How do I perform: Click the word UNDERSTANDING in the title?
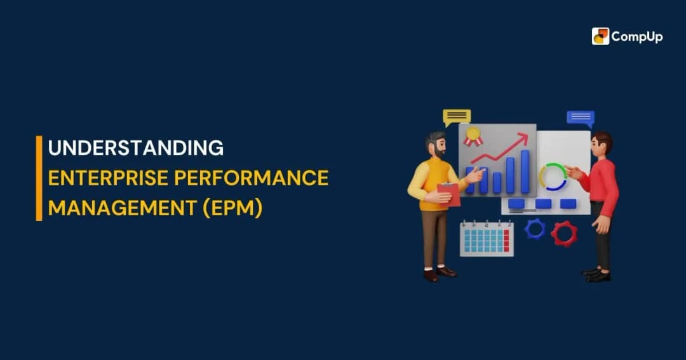pyautogui.click(x=136, y=149)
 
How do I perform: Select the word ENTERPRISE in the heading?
pyautogui.click(x=105, y=178)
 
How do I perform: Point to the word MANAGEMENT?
pyautogui.click(x=121, y=208)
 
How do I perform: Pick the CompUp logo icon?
pyautogui.click(x=600, y=36)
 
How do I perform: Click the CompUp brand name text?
pyautogui.click(x=637, y=37)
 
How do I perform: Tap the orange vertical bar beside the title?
pyautogui.click(x=39, y=178)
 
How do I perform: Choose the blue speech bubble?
pyautogui.click(x=580, y=118)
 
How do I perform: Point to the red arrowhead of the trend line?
pyautogui.click(x=523, y=137)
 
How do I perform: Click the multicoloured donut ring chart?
pyautogui.click(x=553, y=177)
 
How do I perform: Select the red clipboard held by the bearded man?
pyautogui.click(x=449, y=194)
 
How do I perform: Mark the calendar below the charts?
pyautogui.click(x=487, y=239)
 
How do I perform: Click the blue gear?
pyautogui.click(x=535, y=229)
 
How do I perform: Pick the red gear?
pyautogui.click(x=563, y=233)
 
